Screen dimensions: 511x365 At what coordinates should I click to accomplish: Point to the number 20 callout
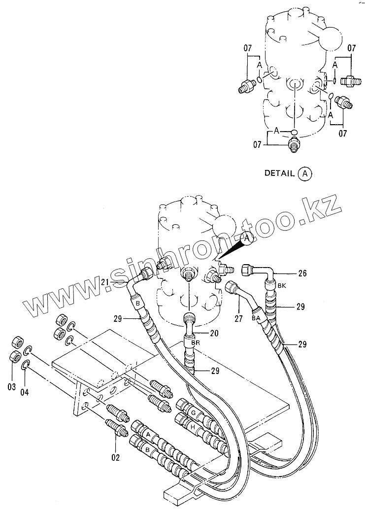tap(214, 333)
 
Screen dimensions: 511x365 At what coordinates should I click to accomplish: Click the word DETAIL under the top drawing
tap(280, 173)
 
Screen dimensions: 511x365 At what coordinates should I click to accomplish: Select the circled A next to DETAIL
tap(305, 173)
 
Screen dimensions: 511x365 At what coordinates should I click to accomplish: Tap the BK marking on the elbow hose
tap(281, 285)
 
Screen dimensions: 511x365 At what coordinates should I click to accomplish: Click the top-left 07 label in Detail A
tap(248, 48)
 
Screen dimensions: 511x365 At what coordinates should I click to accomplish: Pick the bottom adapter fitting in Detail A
tap(294, 145)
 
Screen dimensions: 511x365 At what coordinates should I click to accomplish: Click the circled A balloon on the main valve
tap(248, 238)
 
